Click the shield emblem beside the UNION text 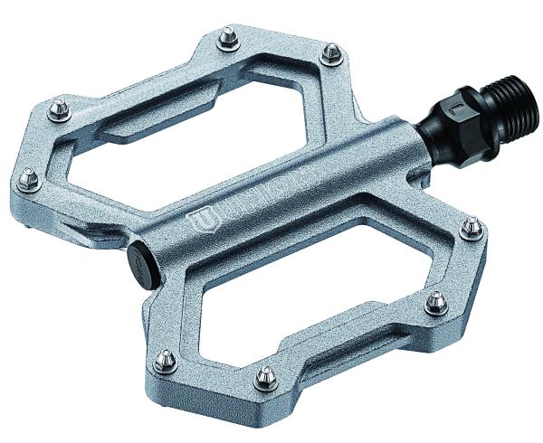[200, 219]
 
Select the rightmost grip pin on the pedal [471, 227]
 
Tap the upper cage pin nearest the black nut [332, 52]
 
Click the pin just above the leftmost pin [60, 108]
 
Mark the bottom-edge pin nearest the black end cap [165, 361]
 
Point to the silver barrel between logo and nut [362, 158]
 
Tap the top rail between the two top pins [278, 45]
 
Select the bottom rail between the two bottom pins [217, 371]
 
